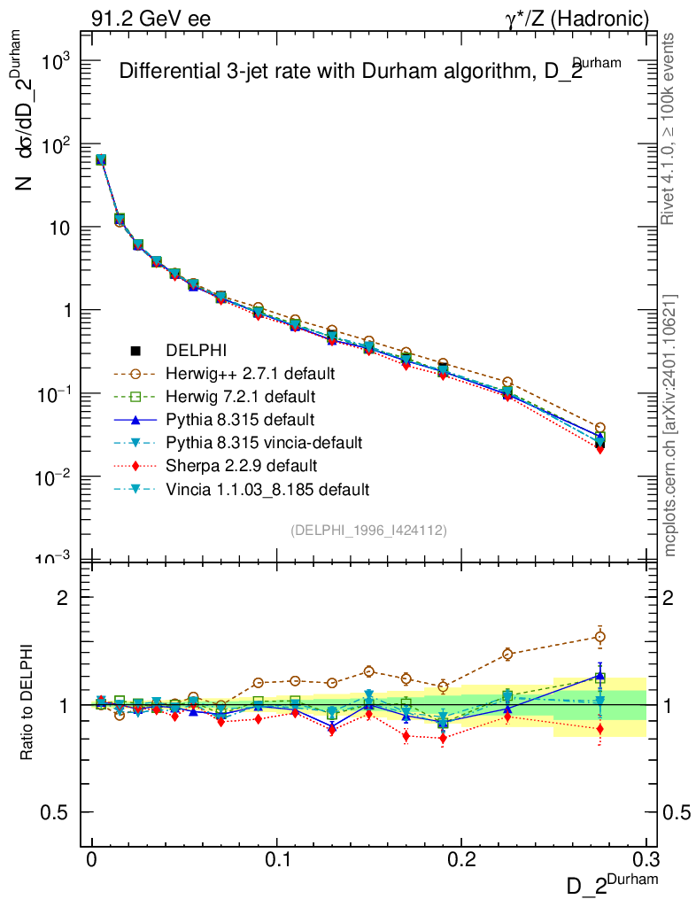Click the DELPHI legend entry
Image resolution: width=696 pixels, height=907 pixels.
[x=190, y=350]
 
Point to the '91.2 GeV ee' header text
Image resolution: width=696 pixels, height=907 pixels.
[x=150, y=19]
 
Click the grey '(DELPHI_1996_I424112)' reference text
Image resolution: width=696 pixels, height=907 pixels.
[x=368, y=531]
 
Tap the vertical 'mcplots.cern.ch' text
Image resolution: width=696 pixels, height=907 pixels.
[x=671, y=425]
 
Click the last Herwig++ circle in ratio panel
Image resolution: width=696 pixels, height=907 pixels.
[x=600, y=637]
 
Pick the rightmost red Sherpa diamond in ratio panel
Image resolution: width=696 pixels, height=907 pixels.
[x=600, y=729]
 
